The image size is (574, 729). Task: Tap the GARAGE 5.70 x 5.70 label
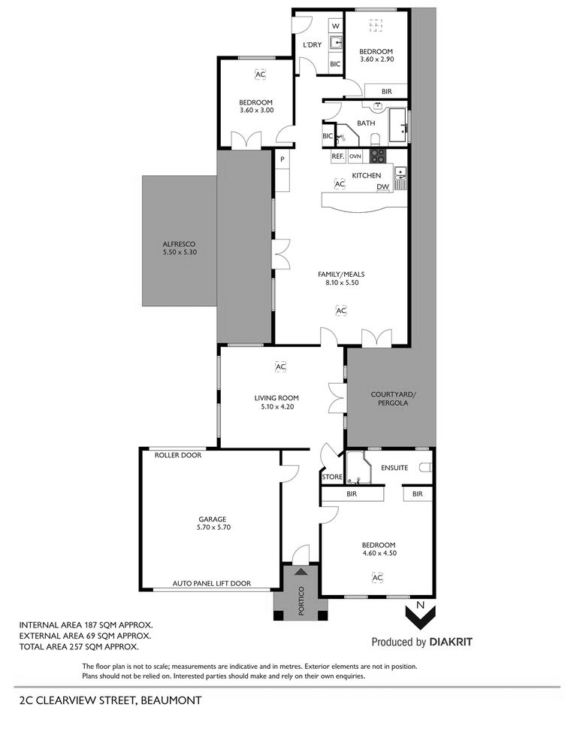(213, 523)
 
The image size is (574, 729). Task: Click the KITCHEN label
(367, 175)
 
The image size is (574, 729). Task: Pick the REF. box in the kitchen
(337, 156)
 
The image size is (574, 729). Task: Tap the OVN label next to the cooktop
(355, 156)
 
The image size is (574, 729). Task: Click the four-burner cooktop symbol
(377, 156)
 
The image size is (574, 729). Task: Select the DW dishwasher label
(382, 187)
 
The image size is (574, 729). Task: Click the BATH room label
(366, 123)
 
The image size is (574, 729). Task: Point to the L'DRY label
(312, 45)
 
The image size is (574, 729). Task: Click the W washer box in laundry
(335, 26)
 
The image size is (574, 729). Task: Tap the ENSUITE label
(394, 468)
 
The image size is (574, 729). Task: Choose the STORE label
(332, 477)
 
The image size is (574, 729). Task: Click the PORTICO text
(301, 600)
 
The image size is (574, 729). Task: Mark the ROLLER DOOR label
(178, 455)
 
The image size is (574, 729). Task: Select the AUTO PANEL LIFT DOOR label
(212, 583)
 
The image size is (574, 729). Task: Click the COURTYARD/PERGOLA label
(393, 399)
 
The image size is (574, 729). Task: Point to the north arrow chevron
(420, 618)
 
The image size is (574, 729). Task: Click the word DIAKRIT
(451, 642)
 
